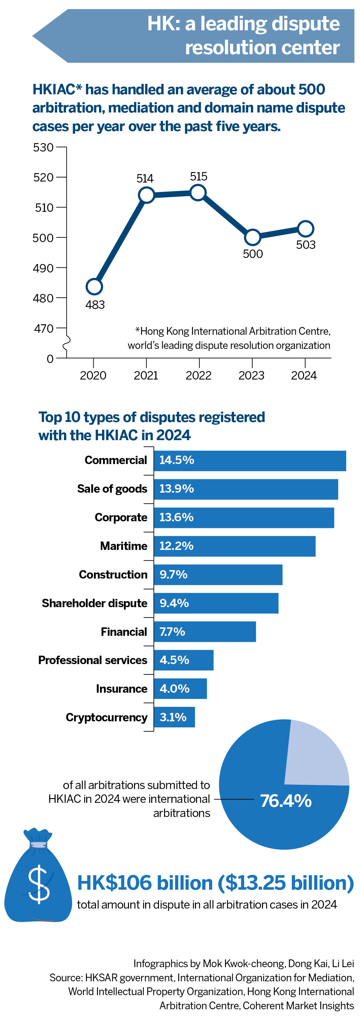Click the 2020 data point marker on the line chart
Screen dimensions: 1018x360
point(94,287)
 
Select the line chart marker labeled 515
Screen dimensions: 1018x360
point(198,193)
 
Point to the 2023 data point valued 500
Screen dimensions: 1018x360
point(253,237)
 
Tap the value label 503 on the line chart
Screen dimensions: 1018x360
point(305,245)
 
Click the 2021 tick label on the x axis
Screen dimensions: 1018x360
point(146,375)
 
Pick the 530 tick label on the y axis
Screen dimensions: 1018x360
point(43,147)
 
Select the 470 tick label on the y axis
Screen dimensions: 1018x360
point(43,328)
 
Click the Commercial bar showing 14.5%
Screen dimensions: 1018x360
point(250,460)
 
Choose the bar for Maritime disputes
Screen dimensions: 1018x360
point(234,546)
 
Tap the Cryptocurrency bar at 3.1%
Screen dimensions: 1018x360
point(174,717)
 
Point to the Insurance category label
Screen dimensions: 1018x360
point(121,688)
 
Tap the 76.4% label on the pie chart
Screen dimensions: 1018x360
point(286,801)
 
